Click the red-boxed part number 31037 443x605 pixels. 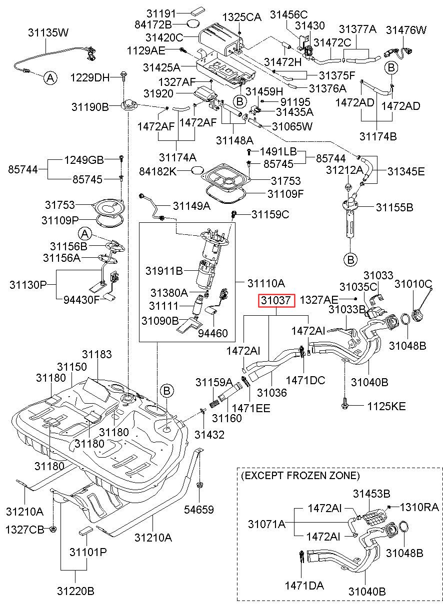coord(276,300)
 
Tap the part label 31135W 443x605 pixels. coord(48,32)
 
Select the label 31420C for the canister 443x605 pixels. coord(164,37)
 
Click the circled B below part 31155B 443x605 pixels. coord(350,260)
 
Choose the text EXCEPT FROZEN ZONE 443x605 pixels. coord(300,476)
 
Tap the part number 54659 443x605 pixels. coord(198,510)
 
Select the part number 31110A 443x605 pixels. coord(266,283)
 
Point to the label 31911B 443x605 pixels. coord(164,271)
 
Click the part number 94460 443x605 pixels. coord(212,333)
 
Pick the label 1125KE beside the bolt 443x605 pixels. coord(386,406)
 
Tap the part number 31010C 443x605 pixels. coord(413,284)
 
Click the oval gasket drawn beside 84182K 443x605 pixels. coord(197,170)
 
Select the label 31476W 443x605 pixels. coord(405,30)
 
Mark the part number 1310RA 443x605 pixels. coord(419,507)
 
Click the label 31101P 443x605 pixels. coord(88,552)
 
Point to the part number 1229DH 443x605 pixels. coord(90,78)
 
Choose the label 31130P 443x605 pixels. coord(28,285)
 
